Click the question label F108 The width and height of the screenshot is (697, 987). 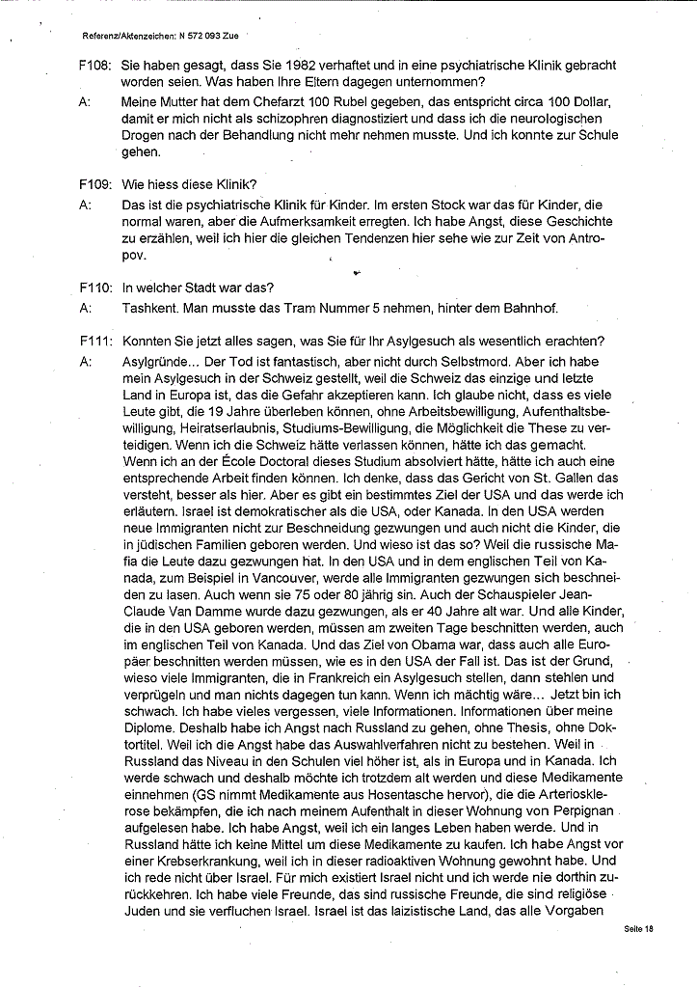coord(94,66)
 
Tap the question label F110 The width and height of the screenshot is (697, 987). coord(94,287)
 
